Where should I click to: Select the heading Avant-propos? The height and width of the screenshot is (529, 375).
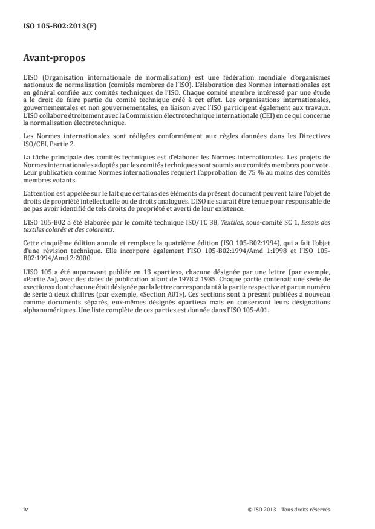54,59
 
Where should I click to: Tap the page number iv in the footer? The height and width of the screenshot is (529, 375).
25,510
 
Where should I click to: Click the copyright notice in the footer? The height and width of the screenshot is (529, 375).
289,510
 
